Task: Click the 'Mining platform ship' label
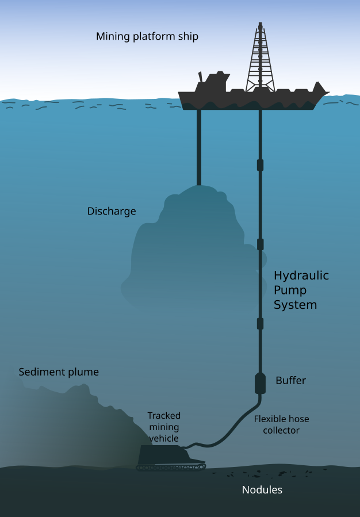click(147, 37)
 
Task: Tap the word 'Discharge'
click(112, 211)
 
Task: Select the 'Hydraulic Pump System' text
click(301, 290)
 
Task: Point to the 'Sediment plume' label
click(59, 372)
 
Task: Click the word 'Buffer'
click(290, 381)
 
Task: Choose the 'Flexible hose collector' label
click(281, 424)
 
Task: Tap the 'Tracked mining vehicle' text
click(164, 427)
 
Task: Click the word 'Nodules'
click(262, 490)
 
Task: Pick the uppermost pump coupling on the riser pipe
click(260, 165)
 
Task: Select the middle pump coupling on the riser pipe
click(260, 244)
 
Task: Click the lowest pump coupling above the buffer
click(260, 323)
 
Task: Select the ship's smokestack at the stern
click(201, 77)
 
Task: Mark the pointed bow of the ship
click(323, 92)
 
